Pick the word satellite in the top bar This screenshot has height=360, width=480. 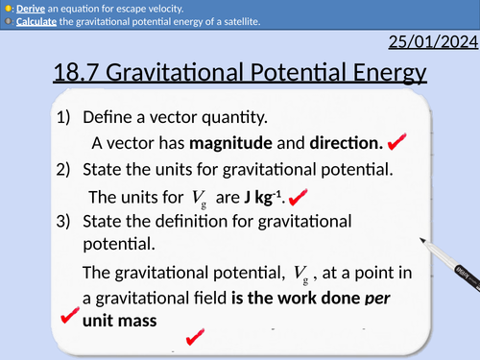(231, 22)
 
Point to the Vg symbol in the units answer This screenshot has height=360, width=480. (199, 199)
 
